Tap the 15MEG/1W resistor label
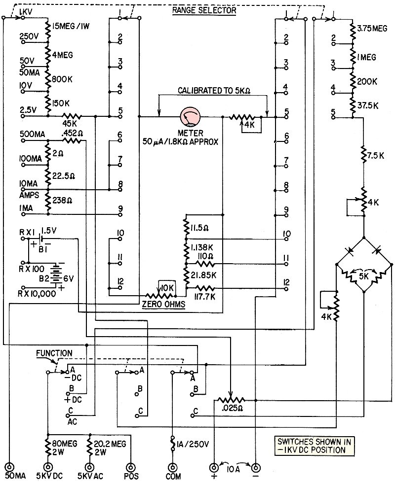[x=75, y=25]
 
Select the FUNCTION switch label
[x=54, y=353]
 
